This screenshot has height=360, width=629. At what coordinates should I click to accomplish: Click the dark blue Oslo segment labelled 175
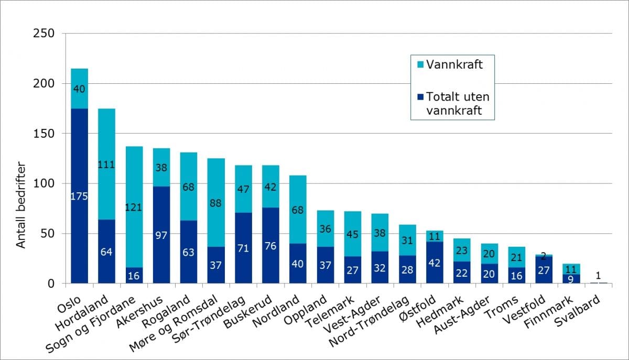80,196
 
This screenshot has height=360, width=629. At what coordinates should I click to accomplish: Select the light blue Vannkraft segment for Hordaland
107,165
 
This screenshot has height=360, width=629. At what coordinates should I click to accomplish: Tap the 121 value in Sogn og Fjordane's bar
134,207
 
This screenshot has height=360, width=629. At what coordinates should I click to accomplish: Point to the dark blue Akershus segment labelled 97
161,235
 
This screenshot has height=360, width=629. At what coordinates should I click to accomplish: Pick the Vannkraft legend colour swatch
419,65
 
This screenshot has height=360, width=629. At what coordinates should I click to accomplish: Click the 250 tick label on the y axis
44,34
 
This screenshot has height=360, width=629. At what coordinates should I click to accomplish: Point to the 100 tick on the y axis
44,184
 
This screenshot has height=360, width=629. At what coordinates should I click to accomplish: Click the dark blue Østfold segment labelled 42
435,263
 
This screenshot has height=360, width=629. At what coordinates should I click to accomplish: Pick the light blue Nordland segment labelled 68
298,195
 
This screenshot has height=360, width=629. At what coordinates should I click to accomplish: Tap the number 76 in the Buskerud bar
270,246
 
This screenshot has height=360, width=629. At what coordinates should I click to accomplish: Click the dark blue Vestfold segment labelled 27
544,270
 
